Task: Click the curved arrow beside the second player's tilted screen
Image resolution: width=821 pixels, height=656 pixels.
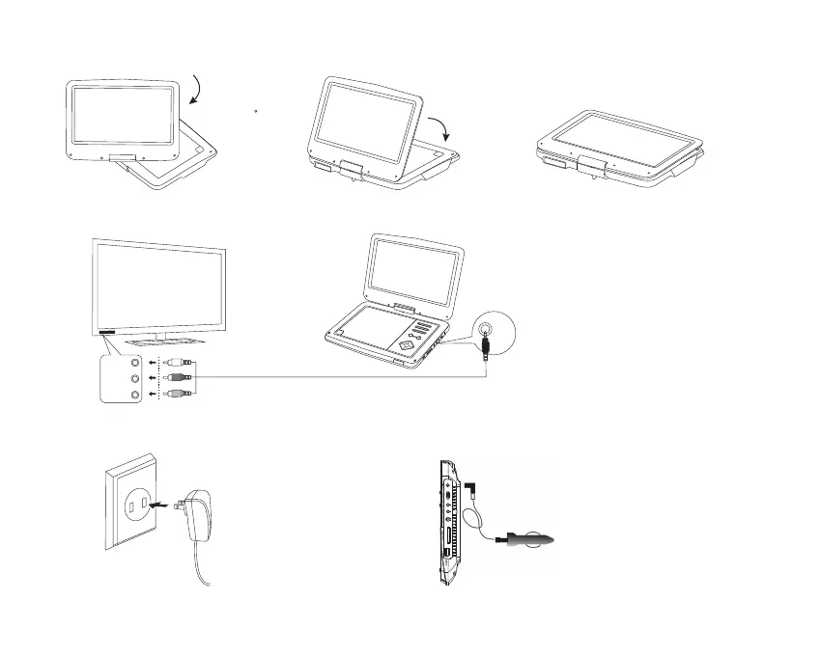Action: pos(441,128)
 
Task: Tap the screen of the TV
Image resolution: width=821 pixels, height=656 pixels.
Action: pos(159,286)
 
